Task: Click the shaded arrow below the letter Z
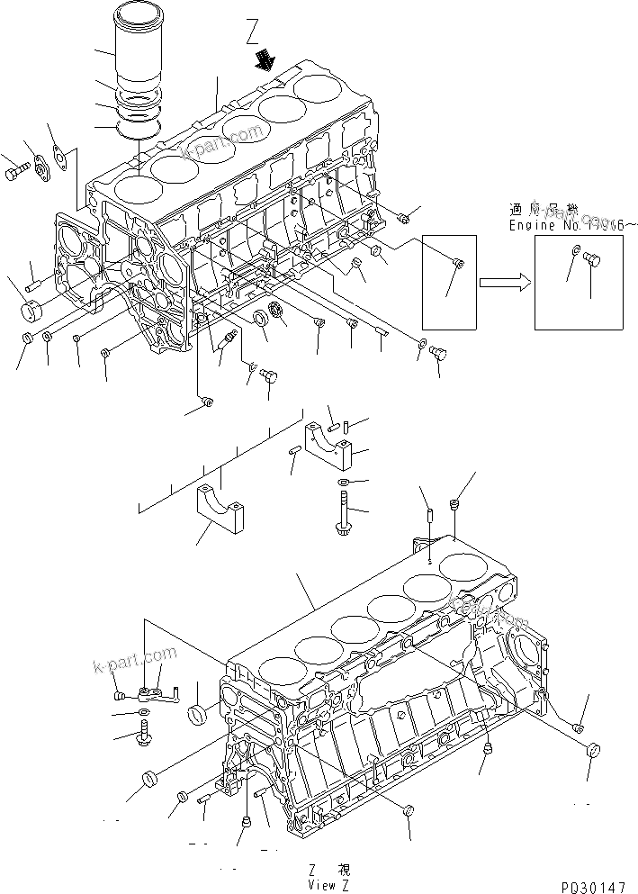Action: (265, 61)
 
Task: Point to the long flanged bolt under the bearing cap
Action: (345, 509)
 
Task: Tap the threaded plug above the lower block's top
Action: (455, 509)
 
